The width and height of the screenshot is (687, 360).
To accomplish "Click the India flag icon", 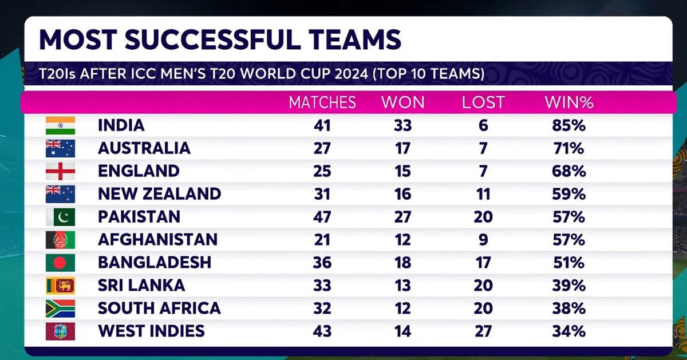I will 60,125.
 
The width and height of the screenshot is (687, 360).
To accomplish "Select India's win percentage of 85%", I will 568,125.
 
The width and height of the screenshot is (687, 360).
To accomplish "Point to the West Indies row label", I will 151,331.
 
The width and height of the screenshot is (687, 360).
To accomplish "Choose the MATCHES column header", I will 322,102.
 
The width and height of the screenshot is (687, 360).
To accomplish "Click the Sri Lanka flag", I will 60,285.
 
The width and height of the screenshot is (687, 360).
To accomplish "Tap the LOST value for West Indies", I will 483,331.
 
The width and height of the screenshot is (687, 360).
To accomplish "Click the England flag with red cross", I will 60,171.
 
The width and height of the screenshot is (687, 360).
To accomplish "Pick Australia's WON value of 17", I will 402,148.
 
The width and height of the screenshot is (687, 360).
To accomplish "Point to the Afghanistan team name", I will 157,239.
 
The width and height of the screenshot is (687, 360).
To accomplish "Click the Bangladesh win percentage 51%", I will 568,262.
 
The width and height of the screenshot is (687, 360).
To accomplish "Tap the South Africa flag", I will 60,308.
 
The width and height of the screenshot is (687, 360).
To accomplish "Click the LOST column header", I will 483,102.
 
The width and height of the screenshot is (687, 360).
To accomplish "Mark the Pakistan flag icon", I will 60,217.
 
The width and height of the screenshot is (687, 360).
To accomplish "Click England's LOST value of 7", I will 483,171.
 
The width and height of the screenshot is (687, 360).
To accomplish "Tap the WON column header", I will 403,102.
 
